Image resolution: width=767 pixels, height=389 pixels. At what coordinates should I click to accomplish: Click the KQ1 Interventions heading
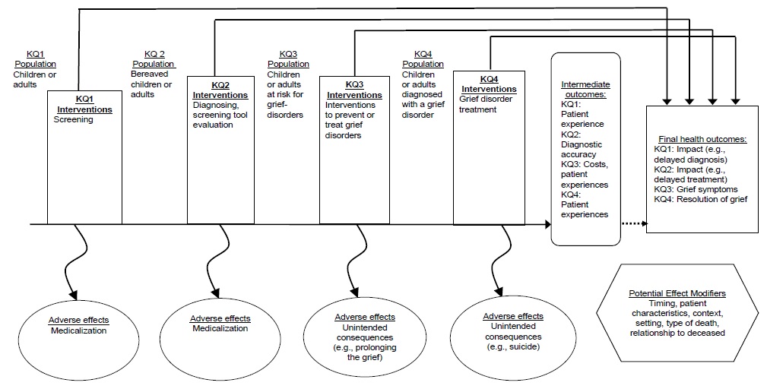(x=84, y=104)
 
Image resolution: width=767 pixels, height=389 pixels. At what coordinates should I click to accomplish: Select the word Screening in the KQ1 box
(x=74, y=120)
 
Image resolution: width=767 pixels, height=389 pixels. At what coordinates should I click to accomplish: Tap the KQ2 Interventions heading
(x=218, y=90)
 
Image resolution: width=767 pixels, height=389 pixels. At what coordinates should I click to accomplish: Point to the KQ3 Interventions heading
(x=352, y=90)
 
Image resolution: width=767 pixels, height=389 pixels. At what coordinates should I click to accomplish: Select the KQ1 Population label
(x=36, y=59)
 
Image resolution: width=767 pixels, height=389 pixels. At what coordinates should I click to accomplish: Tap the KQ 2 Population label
(x=158, y=59)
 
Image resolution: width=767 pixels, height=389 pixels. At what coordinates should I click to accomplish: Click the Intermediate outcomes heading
(x=585, y=89)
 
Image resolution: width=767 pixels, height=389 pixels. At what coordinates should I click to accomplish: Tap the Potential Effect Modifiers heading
(x=677, y=293)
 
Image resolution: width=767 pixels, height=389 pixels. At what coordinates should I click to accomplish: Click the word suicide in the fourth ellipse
(x=524, y=346)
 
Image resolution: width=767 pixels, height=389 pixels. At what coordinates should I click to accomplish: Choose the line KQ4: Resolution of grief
(x=701, y=199)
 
